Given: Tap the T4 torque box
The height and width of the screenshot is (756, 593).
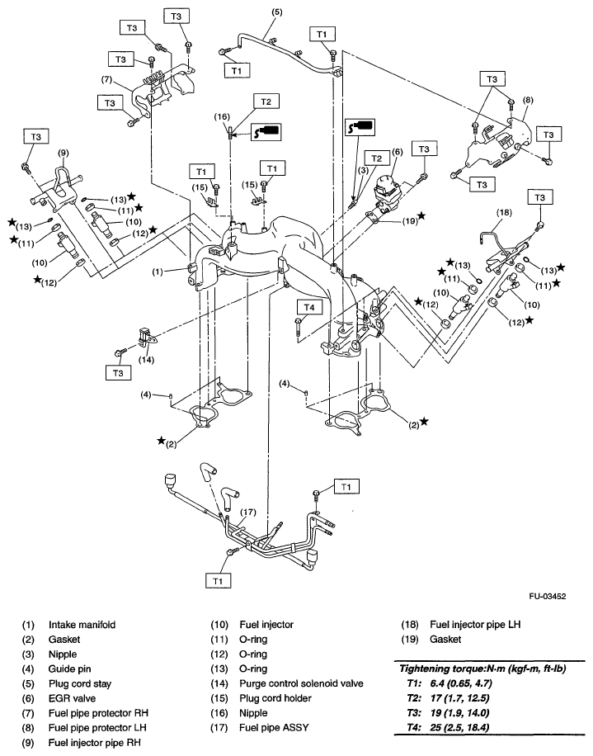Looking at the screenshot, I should pos(306,306).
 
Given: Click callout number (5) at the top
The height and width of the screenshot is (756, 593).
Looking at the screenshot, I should pos(276,12).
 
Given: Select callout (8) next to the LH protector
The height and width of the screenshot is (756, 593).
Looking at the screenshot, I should pos(528,100).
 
